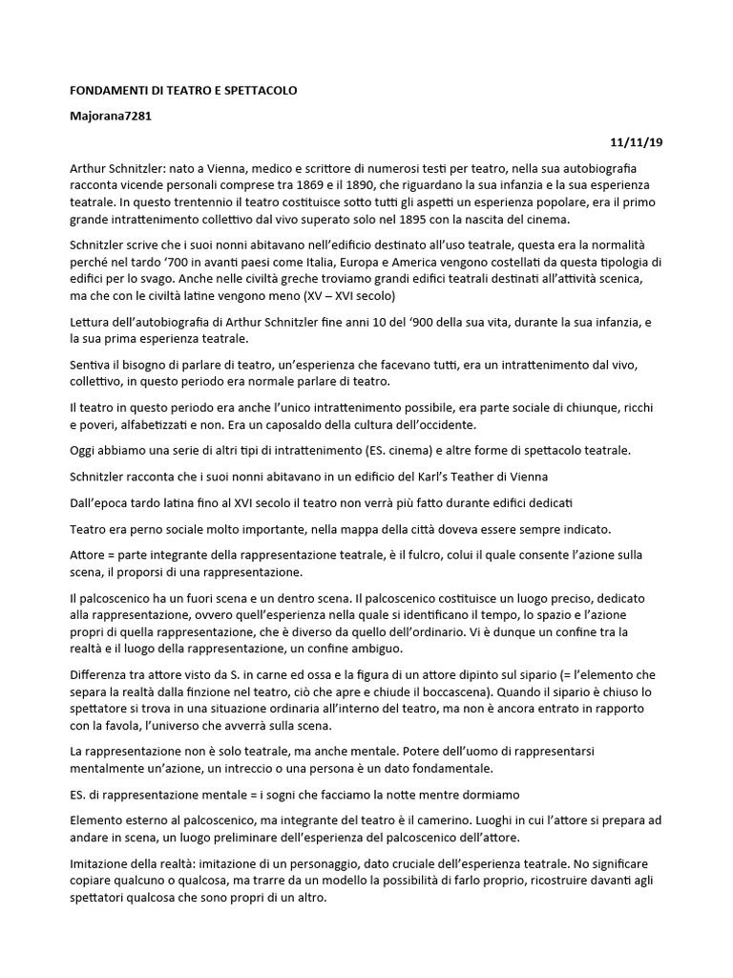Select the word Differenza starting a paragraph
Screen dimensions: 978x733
[102, 675]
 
